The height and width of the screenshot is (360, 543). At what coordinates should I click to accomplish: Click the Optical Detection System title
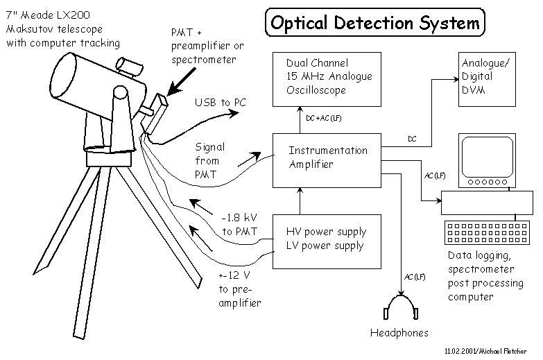375,22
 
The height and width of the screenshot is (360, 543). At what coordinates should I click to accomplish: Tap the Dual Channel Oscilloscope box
327,76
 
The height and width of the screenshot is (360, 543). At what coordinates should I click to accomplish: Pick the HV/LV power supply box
327,240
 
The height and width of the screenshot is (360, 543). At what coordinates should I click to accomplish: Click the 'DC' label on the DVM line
412,139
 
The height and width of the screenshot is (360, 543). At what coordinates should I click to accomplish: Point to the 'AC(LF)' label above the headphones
414,277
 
